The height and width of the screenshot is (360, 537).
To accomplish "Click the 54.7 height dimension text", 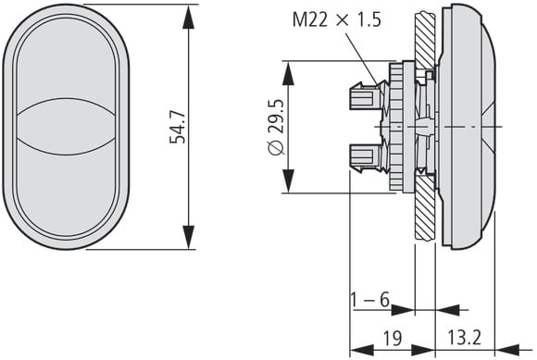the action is click(178, 128).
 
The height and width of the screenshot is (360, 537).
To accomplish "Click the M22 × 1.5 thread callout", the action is click(336, 20).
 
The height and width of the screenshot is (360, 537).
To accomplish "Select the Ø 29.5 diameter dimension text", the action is click(277, 127).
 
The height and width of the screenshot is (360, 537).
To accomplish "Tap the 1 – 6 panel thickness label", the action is click(370, 300).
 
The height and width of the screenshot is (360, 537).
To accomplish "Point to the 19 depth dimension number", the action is click(393, 338).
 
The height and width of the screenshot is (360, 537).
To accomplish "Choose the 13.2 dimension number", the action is click(465, 338).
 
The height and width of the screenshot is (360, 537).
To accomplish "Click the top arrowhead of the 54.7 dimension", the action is click(188, 17).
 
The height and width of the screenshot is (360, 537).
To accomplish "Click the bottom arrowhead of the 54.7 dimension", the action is click(188, 237).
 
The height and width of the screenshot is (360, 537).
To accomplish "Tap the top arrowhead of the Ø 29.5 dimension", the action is click(288, 73).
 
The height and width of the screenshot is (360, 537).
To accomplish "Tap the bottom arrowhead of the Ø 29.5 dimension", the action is click(288, 181).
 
